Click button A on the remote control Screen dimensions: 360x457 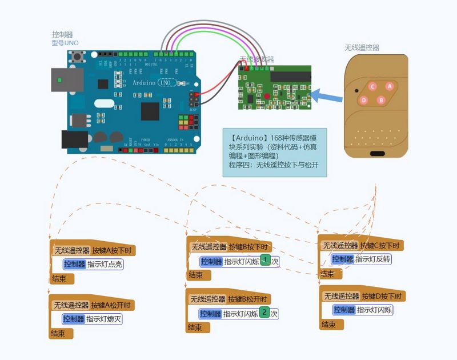(x=390, y=86)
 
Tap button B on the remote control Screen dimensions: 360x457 (x=381, y=100)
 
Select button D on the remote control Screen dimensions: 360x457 (x=363, y=100)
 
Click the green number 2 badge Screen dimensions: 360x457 (x=264, y=312)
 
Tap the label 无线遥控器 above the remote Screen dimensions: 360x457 (x=362, y=48)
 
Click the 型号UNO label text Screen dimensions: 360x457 (x=65, y=43)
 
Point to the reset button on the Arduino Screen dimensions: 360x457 (x=77, y=57)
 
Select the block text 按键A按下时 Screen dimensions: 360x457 (x=112, y=250)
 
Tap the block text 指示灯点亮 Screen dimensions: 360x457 (x=105, y=264)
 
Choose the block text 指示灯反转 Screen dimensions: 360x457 (x=374, y=259)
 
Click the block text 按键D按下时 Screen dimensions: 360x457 (x=382, y=296)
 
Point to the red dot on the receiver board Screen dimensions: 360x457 (x=266, y=97)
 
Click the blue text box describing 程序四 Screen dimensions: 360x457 (x=274, y=151)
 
